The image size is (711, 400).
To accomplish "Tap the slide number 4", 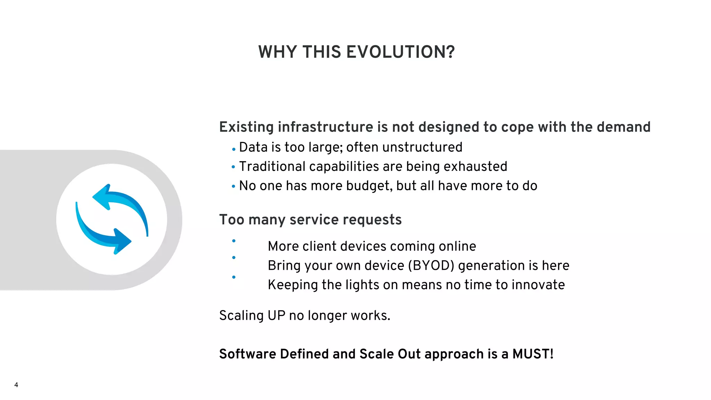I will point(16,385).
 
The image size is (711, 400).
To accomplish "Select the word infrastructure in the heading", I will point(325,127).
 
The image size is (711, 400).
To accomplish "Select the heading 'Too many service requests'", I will point(310,220).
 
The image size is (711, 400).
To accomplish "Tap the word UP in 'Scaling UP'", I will point(276,316).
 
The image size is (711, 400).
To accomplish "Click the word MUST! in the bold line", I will point(533,354).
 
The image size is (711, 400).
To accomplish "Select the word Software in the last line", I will point(248,354).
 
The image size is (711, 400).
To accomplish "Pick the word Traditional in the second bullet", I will point(272,167).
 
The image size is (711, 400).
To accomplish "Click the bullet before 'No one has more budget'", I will point(233,186).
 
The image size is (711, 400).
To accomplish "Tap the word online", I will point(457,246).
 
